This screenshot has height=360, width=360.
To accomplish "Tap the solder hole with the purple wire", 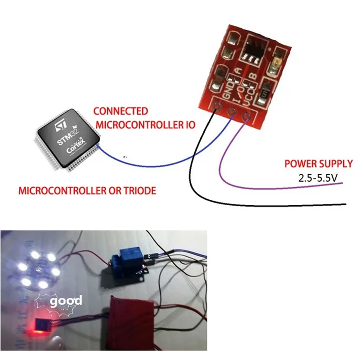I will point(246,117).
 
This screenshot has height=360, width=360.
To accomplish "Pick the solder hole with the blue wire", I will point(232,112).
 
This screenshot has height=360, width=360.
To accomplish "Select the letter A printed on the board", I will point(239,70).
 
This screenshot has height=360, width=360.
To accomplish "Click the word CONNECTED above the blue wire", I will point(120,111).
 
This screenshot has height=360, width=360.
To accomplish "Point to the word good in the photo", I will point(66,301).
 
